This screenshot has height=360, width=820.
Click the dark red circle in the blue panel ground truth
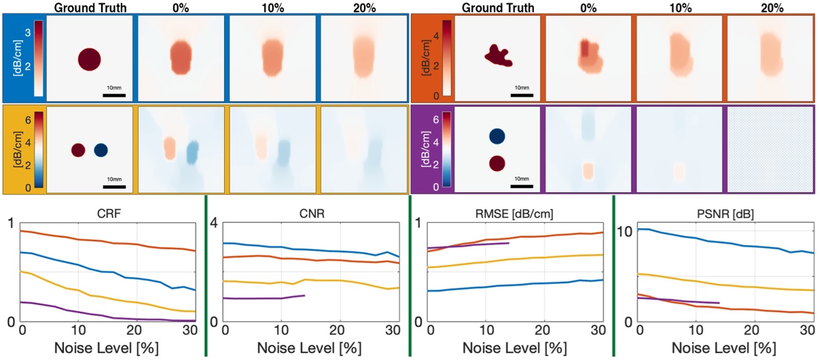[90, 59]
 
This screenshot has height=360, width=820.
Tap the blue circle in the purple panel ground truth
[497, 136]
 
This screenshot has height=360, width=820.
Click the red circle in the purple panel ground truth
[497, 163]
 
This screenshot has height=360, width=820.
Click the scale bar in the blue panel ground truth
[112, 94]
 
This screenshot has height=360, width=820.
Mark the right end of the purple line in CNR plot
[304, 295]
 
